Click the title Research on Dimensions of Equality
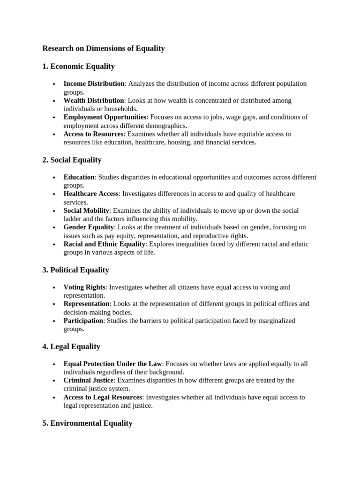point(104,48)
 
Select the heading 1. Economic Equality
point(78,66)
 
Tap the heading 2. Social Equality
point(72,160)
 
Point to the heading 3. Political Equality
point(75,270)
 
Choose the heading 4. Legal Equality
point(71,346)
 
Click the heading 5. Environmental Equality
point(87,423)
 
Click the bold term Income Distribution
point(94,83)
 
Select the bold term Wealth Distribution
point(94,100)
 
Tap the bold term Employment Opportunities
point(105,117)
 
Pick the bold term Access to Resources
point(93,134)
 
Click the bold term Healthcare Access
point(92,194)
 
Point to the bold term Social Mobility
point(86,210)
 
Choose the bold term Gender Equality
point(89,227)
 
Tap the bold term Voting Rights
point(84,287)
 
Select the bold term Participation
point(83,321)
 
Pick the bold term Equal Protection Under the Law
point(112,364)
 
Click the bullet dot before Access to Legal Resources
point(54,397)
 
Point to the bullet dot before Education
point(54,178)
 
